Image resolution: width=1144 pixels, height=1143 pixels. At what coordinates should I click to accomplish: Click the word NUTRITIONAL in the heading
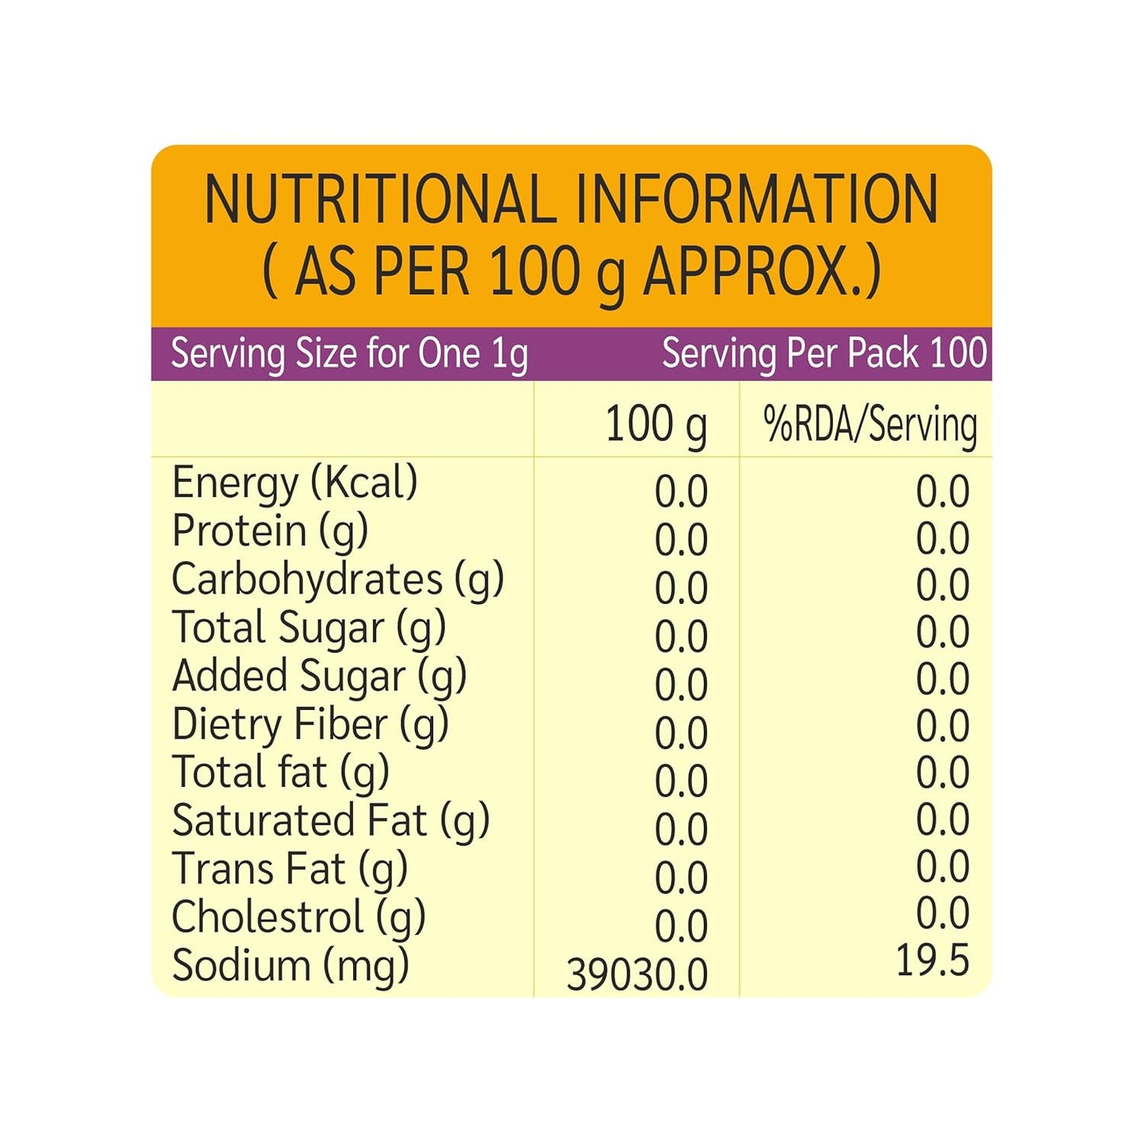click(x=380, y=199)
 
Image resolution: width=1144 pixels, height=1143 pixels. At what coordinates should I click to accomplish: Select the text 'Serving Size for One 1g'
click(x=349, y=354)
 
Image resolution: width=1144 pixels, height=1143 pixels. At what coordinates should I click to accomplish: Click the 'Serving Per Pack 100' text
click(x=824, y=354)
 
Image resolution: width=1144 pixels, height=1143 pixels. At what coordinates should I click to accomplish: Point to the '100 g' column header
click(x=656, y=424)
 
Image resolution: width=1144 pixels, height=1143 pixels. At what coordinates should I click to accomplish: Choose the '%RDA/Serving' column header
click(x=870, y=424)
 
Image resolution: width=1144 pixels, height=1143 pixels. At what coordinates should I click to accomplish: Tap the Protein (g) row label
click(x=270, y=530)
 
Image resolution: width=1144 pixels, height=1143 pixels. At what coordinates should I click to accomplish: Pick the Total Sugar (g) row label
click(x=309, y=628)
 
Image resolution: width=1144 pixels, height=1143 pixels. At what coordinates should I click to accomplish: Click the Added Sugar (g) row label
click(x=319, y=676)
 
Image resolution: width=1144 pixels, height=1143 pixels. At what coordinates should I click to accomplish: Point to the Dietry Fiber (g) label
click(x=310, y=724)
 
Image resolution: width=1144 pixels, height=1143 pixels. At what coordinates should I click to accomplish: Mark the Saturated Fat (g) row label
click(x=331, y=821)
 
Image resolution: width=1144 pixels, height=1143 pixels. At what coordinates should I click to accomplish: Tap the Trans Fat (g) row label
click(x=290, y=869)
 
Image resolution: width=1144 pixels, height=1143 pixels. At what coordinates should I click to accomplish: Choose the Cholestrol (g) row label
click(x=298, y=917)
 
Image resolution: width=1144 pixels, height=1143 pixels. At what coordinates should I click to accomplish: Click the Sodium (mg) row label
click(x=291, y=966)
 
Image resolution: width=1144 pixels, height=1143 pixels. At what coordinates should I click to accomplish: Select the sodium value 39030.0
click(x=637, y=974)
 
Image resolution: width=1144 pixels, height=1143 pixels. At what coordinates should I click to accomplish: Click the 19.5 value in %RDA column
click(x=932, y=961)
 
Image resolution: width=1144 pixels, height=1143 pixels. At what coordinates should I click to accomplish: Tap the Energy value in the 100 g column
click(x=681, y=492)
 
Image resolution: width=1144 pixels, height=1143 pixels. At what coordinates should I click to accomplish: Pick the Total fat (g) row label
click(x=280, y=773)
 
